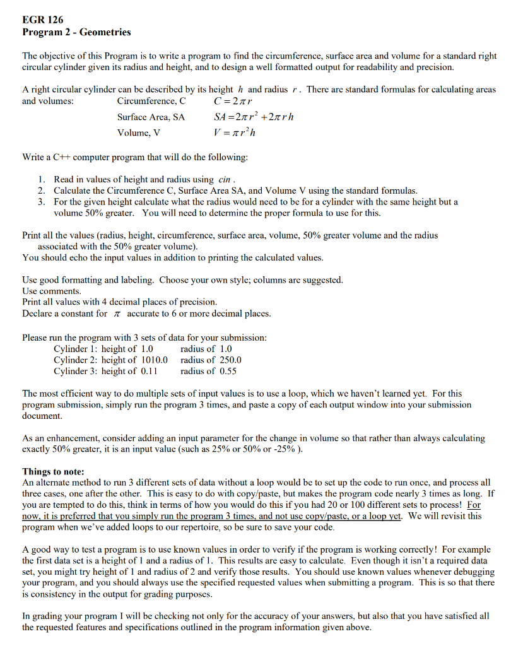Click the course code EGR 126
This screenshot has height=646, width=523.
pos(43,20)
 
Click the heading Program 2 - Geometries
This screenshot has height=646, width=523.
pos(76,32)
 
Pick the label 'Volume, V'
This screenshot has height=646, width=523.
pos(139,132)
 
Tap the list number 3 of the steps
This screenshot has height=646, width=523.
pos(40,202)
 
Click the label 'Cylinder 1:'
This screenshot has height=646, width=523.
pos(75,349)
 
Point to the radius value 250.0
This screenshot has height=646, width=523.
pos(228,360)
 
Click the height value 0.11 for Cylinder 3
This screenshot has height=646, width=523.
pos(148,371)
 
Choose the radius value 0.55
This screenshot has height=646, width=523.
pos(226,371)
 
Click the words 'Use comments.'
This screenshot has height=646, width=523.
pos(52,291)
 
